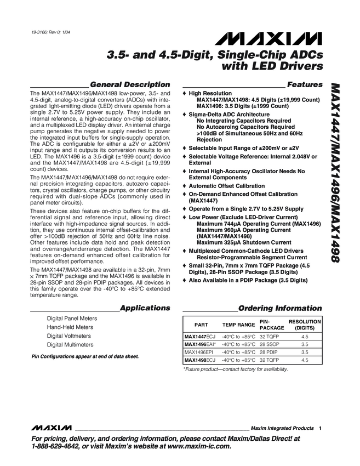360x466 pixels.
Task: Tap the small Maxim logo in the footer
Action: pos(52,427)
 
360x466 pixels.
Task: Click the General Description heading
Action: pos(129,84)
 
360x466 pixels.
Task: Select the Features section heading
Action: pos(305,84)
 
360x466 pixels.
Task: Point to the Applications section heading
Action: pos(145,308)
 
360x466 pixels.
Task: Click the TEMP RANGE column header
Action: pos(238,325)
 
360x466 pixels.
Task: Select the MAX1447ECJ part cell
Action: pos(200,336)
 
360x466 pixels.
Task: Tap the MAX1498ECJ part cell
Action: pos(200,360)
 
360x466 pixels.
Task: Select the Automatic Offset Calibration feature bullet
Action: pos(226,186)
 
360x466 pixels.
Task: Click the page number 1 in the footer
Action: pos(319,428)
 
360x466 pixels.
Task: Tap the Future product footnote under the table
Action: pos(235,370)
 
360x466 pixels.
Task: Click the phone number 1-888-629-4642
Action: pos(61,446)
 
